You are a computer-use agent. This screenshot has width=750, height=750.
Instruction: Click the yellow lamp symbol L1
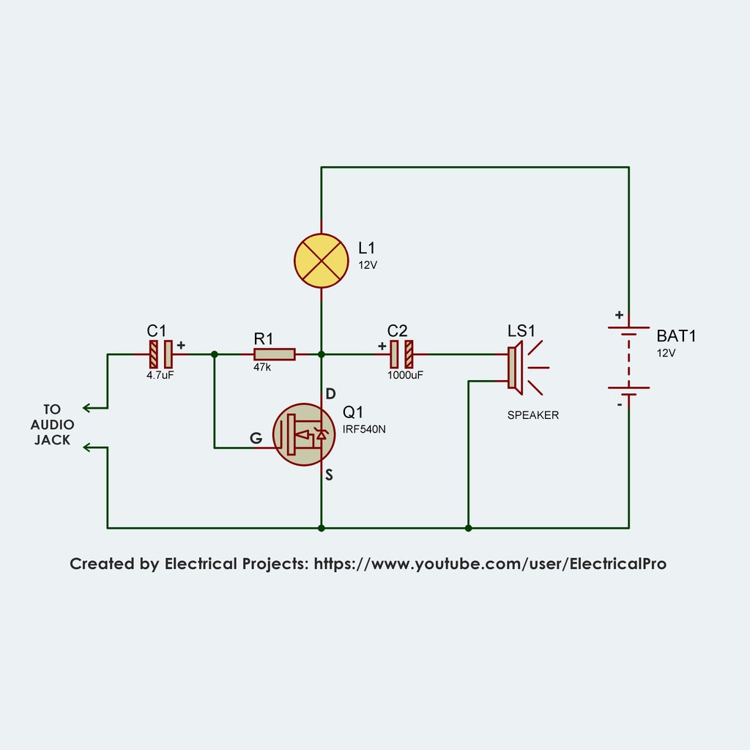[x=321, y=260]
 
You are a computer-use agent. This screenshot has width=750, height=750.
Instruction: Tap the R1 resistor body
[x=275, y=354]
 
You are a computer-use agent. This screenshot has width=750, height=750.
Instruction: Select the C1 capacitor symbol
[x=161, y=354]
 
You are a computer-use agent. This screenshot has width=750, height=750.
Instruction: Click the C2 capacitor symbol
[x=401, y=354]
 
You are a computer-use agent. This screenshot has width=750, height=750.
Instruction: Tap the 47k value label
[x=262, y=368]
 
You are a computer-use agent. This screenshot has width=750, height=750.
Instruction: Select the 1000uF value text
[x=405, y=374]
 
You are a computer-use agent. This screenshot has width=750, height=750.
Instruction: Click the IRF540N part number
[x=364, y=429]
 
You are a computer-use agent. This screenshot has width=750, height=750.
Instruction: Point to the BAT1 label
[x=675, y=336]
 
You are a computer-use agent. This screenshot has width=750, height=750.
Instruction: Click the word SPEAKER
[x=533, y=415]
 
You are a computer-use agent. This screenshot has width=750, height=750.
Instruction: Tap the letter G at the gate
[x=256, y=438]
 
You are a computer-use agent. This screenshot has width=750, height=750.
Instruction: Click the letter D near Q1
[x=330, y=393]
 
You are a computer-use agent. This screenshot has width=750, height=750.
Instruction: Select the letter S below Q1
[x=330, y=475]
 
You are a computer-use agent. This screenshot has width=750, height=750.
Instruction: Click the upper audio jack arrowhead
[x=86, y=408]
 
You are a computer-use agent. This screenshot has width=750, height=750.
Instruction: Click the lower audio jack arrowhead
[x=86, y=447]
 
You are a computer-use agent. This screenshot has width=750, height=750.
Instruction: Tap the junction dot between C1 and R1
[x=214, y=354]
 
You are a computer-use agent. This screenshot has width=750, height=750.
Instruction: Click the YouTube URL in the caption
[x=490, y=564]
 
